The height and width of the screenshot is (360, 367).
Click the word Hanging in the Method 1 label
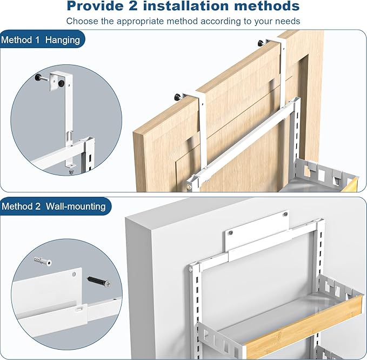tap(63, 40)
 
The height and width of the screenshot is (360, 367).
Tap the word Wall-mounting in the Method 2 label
tap(76, 206)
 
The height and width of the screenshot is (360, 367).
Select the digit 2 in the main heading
tap(133, 6)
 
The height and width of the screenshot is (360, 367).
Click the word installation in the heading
tap(185, 6)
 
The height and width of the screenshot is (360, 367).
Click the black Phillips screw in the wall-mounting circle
tap(99, 282)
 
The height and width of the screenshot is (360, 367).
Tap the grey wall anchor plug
tap(43, 261)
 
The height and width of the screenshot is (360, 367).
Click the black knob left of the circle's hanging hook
tap(38, 77)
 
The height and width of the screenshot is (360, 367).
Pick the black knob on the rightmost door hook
tap(261, 43)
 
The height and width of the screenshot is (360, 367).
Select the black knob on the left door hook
tap(177, 96)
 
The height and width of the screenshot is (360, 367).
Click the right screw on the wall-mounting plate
tap(285, 214)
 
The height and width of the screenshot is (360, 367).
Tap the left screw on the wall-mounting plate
tap(231, 232)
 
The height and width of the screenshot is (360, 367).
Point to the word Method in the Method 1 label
tap(17, 40)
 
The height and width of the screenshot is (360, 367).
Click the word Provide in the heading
tap(95, 6)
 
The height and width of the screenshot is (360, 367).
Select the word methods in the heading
tap(267, 6)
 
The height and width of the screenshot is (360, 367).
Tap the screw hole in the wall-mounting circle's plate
tap(74, 274)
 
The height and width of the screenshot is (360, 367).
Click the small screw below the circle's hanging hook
tap(71, 171)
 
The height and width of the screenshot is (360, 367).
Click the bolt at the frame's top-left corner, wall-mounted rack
tap(191, 269)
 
